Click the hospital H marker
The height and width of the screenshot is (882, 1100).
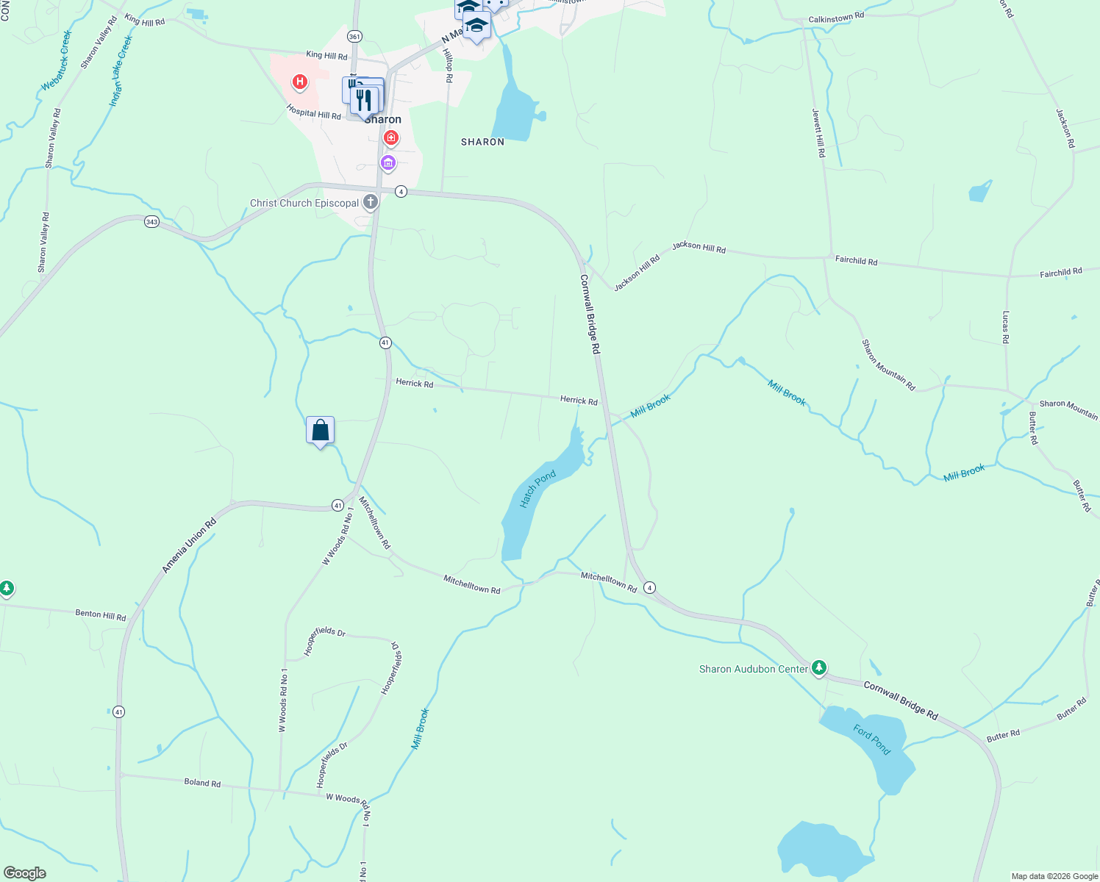(299, 82)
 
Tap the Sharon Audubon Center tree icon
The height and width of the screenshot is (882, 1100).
(819, 668)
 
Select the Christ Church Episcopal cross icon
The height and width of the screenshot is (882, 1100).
(371, 201)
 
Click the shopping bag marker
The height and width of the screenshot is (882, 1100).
(320, 430)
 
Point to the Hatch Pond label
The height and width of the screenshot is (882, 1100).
(537, 490)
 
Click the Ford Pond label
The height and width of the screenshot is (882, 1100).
(872, 739)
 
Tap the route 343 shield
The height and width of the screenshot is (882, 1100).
(151, 221)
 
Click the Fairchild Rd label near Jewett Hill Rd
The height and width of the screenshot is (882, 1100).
(856, 261)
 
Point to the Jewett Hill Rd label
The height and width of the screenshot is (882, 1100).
(818, 133)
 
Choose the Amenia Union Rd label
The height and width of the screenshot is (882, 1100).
(189, 545)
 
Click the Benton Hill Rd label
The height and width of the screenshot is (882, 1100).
(101, 614)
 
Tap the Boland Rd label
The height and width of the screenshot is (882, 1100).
(202, 783)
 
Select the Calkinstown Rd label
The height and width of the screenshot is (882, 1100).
(836, 17)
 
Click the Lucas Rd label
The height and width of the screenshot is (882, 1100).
(1005, 327)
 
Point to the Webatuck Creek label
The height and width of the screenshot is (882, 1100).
(57, 61)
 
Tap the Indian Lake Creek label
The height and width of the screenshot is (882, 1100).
(121, 71)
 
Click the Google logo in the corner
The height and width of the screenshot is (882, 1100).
(24, 872)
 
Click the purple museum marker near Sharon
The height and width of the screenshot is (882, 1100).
(388, 162)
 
